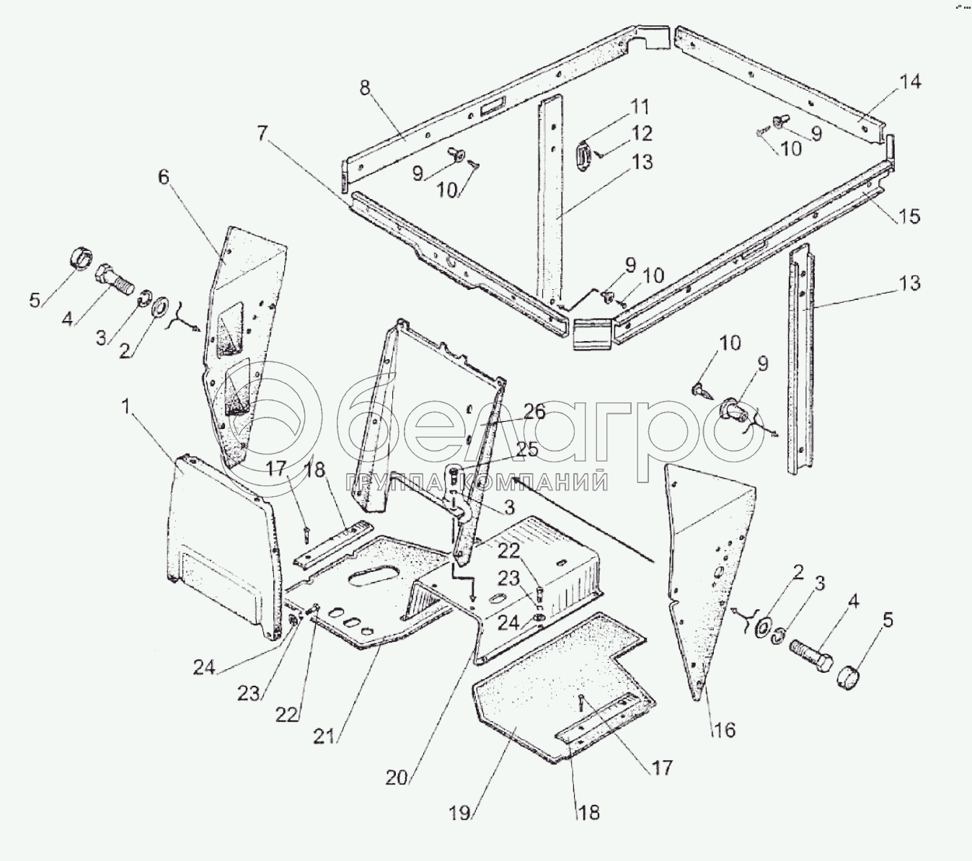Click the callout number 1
click(x=125, y=407)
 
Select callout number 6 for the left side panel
click(x=164, y=177)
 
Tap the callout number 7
click(x=262, y=134)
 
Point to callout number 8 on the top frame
click(x=365, y=88)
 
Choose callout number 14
click(x=910, y=81)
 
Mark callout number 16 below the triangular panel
click(x=724, y=730)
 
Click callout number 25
click(x=526, y=450)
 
